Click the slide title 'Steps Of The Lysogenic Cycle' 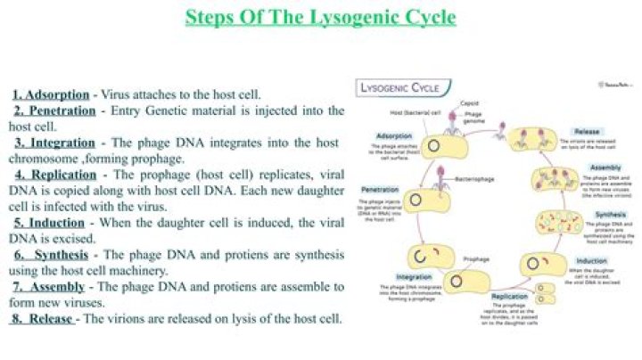(x=320, y=17)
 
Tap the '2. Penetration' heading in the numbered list (x=54, y=110)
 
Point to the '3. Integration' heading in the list (x=54, y=143)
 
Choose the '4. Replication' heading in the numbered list (x=55, y=175)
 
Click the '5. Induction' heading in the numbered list (x=51, y=223)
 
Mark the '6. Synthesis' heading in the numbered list (x=51, y=255)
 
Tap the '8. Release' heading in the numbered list (x=44, y=318)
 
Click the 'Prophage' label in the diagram (x=477, y=258)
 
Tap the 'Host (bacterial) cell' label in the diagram (x=416, y=113)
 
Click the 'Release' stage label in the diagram (x=586, y=131)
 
